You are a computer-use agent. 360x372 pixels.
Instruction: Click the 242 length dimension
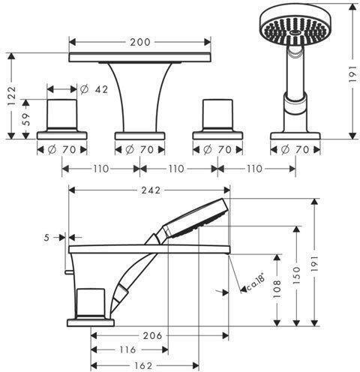coord(148,190)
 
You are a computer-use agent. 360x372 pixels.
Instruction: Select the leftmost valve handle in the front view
coord(62,114)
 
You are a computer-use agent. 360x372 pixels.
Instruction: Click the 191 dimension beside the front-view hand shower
coord(352,72)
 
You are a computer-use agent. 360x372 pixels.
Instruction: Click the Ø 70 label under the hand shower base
coord(295,150)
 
